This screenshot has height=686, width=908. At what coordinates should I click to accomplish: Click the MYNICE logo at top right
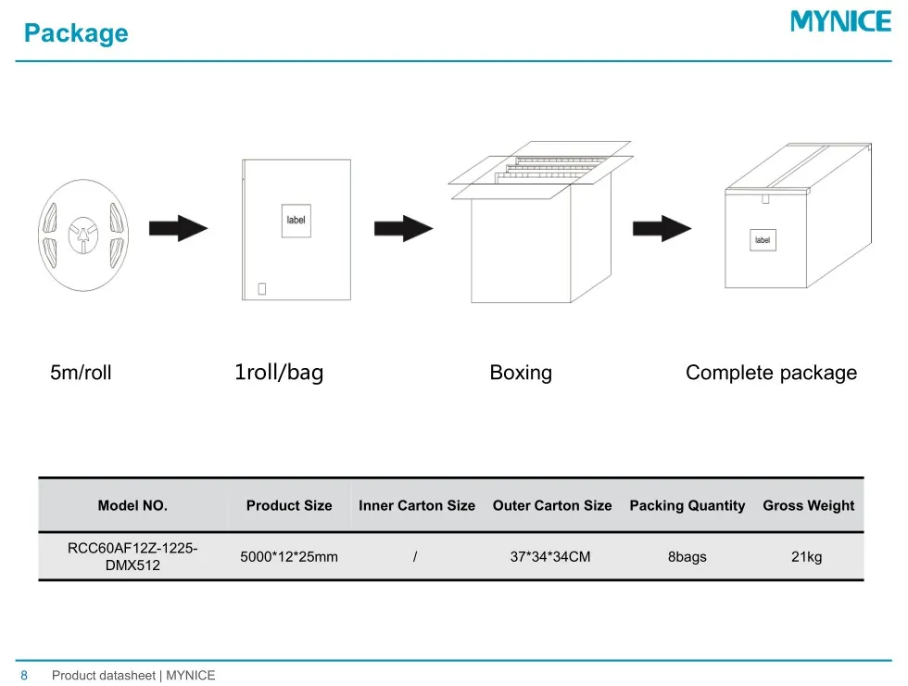pos(839,21)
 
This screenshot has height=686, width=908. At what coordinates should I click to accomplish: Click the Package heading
pos(76,33)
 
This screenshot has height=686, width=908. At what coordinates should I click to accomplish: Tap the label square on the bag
pos(295,220)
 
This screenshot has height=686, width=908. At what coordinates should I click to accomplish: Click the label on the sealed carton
pos(763,240)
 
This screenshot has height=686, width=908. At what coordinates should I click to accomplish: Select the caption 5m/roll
pos(81,373)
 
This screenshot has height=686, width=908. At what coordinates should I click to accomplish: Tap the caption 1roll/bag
pos(279,373)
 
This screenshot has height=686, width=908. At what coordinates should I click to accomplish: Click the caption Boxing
pos(521,373)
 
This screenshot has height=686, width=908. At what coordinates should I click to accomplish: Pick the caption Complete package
pos(771,373)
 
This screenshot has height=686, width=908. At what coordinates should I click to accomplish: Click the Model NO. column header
pos(132,505)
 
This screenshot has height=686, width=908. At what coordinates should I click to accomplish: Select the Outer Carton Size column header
pos(552,505)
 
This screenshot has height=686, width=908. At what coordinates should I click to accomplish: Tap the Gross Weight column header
pos(808,505)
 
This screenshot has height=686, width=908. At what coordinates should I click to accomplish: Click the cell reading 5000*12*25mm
pos(289,557)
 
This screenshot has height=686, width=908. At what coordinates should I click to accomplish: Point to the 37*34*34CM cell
pos(550,557)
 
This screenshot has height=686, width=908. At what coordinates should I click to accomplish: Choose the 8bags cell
pos(687,557)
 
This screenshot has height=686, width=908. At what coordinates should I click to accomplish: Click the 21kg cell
pos(806,557)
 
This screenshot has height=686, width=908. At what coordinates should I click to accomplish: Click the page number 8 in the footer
pos(24,675)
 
